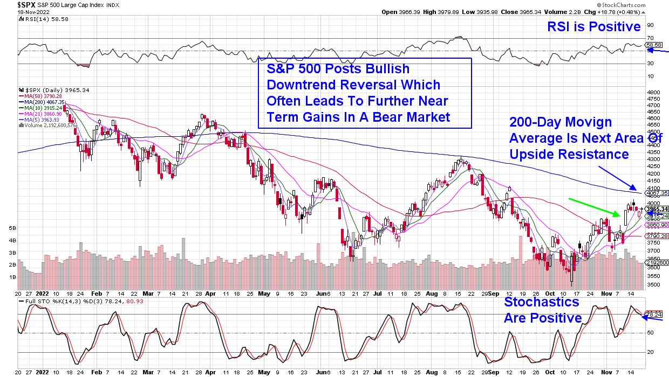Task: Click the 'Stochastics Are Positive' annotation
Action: point(542,309)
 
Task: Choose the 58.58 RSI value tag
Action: point(653,45)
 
